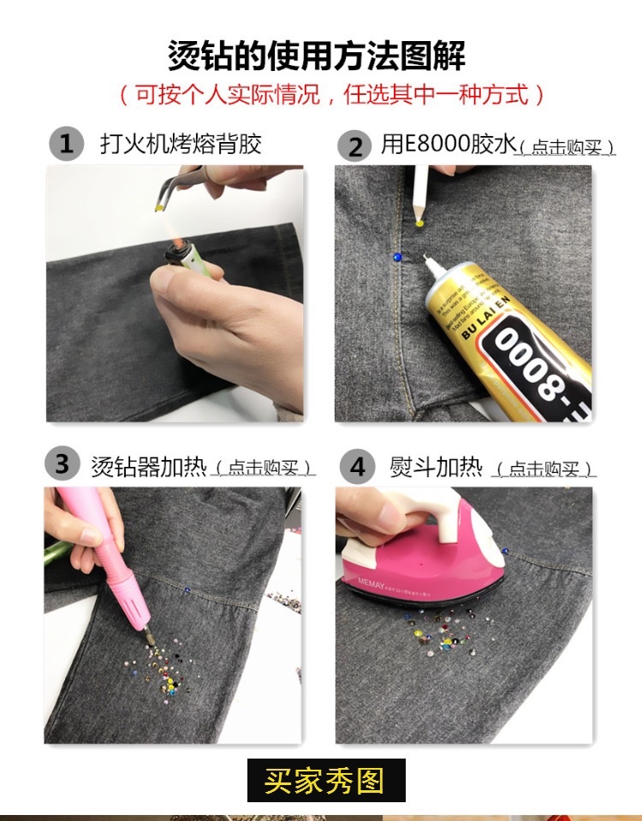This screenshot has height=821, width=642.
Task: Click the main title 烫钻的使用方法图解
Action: pos(318,57)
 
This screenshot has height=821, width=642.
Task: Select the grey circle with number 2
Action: pos(354,145)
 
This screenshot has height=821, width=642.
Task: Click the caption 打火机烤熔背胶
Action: pos(180,143)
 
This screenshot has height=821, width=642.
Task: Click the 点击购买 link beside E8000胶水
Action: pos(568,148)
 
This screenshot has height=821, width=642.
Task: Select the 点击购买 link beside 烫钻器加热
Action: pos(264,469)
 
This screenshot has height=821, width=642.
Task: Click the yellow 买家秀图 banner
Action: pos(325,780)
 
